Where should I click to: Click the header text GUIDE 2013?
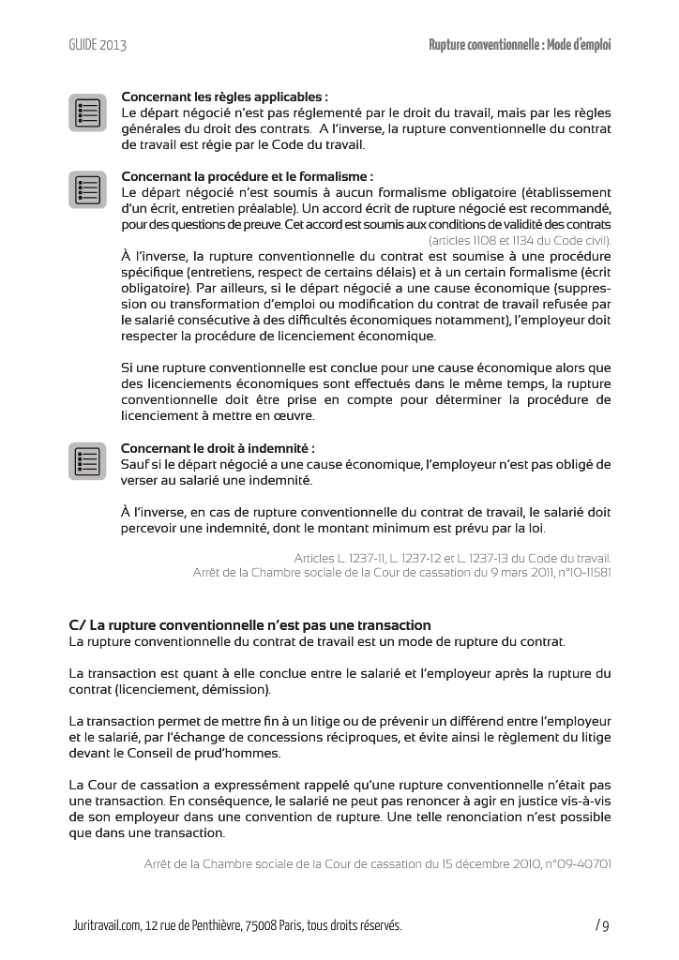pos(98,44)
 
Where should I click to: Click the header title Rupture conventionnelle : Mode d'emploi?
pos(520,44)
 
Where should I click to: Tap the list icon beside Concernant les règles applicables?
pos(87,112)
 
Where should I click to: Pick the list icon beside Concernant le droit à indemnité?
pos(87,461)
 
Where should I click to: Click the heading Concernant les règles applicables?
pos(224,96)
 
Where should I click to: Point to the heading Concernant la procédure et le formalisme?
pos(248,175)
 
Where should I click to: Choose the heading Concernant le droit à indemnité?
pos(218,447)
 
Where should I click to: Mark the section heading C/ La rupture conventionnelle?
pos(249,624)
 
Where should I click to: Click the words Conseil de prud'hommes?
pos(225,753)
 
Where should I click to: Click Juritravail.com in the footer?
pos(104,925)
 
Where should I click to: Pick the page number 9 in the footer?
pos(606,926)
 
